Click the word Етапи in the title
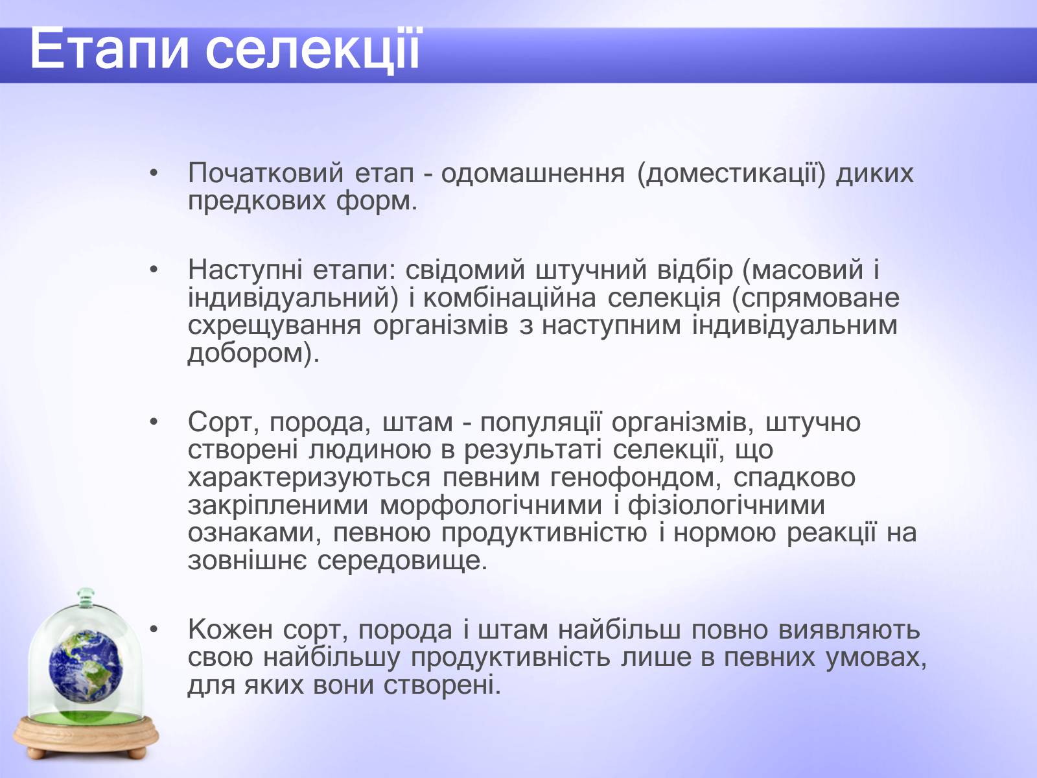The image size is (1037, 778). [110, 49]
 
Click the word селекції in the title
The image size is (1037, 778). [312, 49]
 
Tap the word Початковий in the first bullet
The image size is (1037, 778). [266, 173]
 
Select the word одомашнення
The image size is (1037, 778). [533, 173]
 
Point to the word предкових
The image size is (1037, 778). [257, 202]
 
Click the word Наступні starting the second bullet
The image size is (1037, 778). [245, 270]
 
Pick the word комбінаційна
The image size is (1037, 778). [509, 298]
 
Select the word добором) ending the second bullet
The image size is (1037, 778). [253, 353]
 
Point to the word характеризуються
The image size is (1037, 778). [309, 478]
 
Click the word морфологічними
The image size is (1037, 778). [491, 506]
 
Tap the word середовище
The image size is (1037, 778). [402, 561]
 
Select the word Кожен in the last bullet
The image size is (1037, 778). [231, 630]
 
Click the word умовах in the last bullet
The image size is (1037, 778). [876, 658]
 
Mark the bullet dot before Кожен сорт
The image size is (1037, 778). [153, 630]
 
